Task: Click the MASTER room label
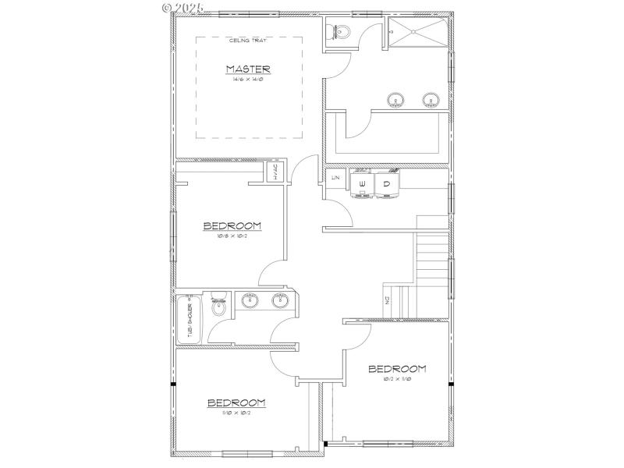coord(248,69)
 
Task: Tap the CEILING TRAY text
coord(247,41)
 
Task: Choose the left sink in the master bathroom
coord(396,100)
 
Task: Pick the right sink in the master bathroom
coord(428,100)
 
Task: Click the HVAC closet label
coord(275,172)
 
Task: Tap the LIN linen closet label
coord(336,179)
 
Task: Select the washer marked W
coord(362,185)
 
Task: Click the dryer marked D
coord(386,185)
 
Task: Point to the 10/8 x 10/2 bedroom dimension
coord(232,236)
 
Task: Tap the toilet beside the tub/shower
coord(219,306)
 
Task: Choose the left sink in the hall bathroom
coord(250,301)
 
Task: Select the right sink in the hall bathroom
coord(280,301)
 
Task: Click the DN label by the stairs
coord(386,300)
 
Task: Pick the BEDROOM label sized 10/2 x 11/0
coord(397,369)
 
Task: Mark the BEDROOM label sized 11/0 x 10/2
coord(236,403)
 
